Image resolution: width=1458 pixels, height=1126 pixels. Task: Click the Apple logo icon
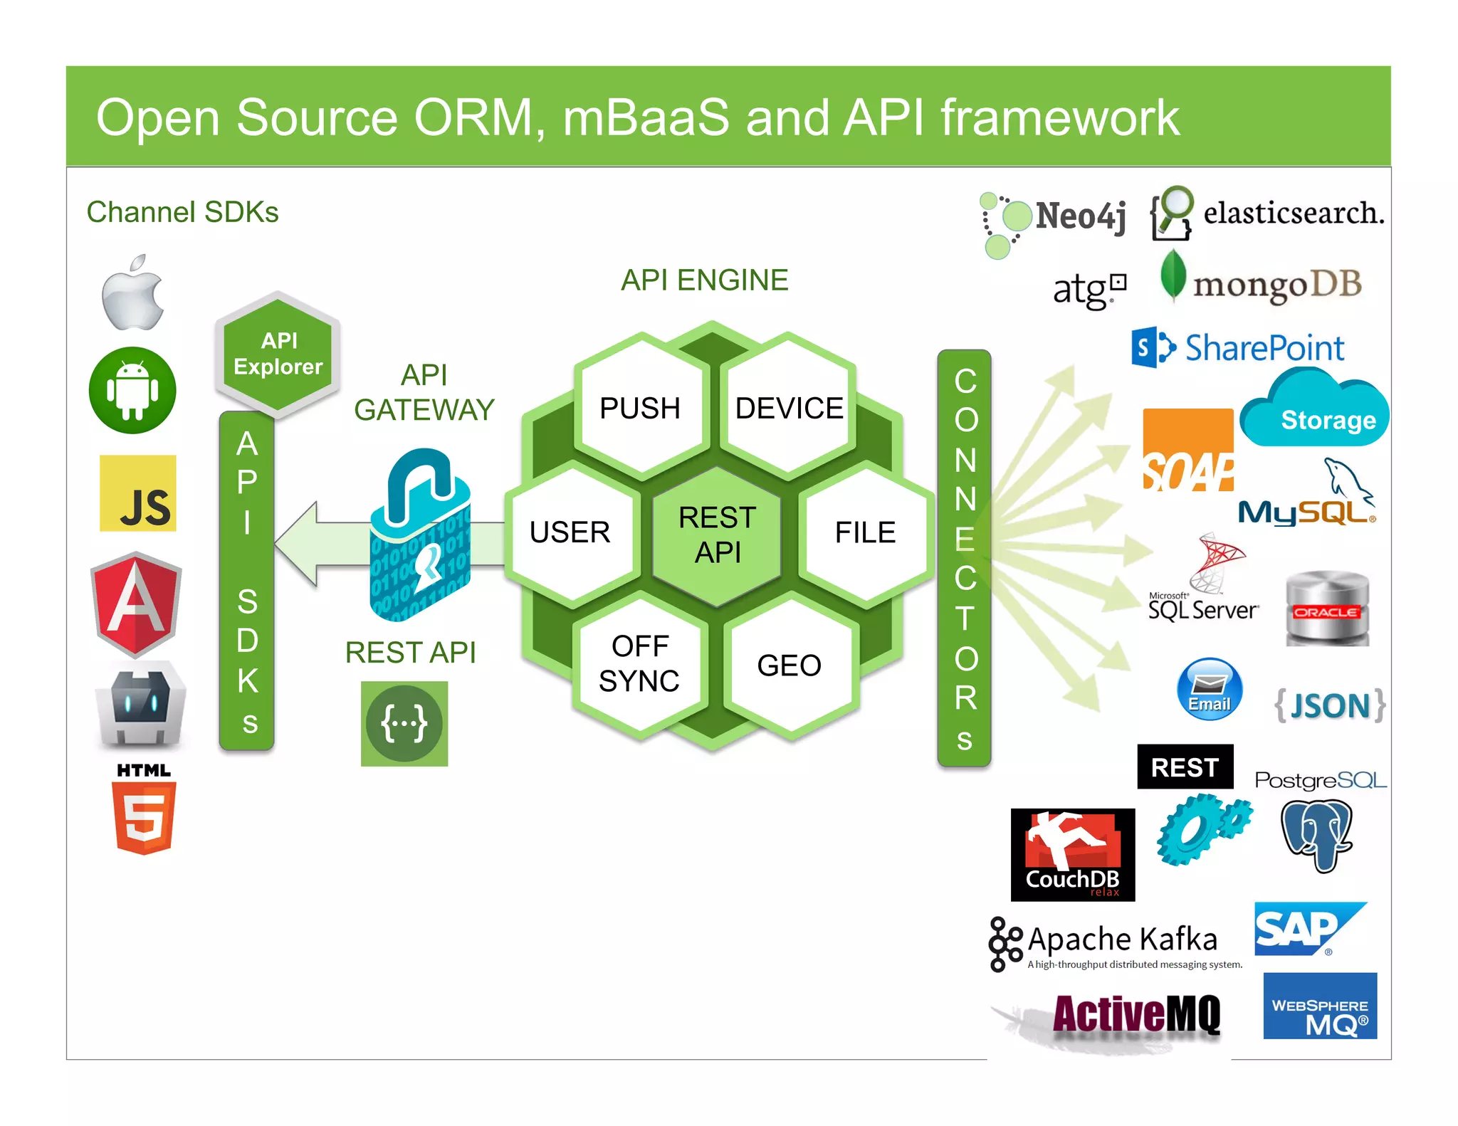[x=132, y=293]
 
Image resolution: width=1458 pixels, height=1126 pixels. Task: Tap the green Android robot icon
[x=132, y=391]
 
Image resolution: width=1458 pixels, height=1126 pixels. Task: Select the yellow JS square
[x=138, y=493]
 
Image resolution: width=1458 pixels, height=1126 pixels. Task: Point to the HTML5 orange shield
[x=144, y=816]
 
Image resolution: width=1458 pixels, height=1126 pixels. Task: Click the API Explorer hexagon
[x=278, y=354]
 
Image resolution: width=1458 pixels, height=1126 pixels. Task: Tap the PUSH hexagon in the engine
[x=640, y=408]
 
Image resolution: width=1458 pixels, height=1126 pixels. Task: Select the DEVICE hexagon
[x=789, y=408]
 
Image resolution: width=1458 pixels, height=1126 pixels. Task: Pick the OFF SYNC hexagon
[x=639, y=663]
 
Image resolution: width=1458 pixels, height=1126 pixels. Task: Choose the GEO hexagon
[x=789, y=665]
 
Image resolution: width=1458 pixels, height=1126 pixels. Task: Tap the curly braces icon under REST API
[x=404, y=723]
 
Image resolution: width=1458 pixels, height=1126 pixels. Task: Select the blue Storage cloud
[x=1314, y=411]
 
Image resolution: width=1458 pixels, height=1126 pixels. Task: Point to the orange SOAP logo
[x=1188, y=450]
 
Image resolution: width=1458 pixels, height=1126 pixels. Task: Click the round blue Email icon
[x=1210, y=689]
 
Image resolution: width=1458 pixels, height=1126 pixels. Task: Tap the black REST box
[x=1185, y=767]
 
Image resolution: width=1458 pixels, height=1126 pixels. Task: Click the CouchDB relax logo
[x=1073, y=855]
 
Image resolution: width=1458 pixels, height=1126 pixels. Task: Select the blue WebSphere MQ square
[x=1320, y=1006]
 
